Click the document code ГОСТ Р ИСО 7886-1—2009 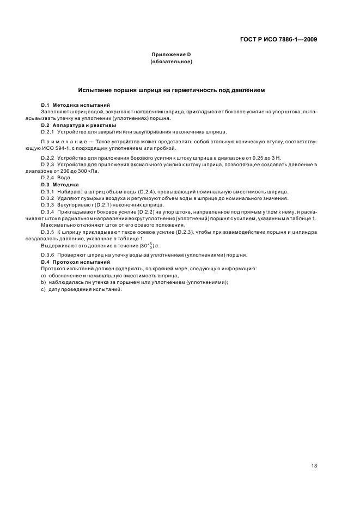279,39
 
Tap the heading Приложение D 172,55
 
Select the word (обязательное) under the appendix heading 172,62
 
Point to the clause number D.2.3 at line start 48,165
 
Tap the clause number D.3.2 48,198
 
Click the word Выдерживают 58,246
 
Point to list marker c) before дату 43,289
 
